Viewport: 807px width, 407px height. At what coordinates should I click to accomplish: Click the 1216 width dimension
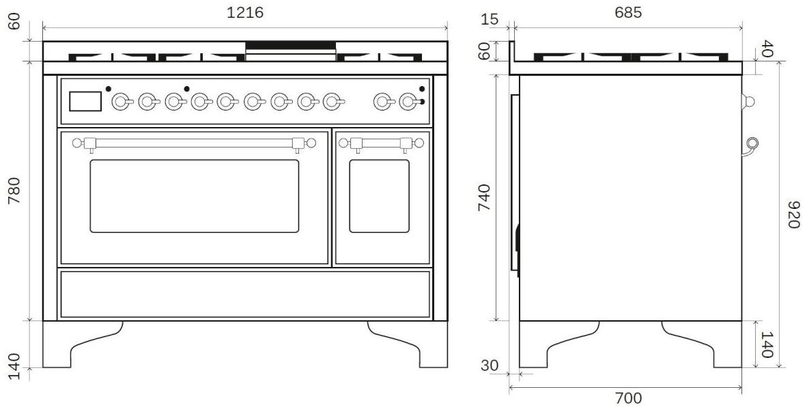245,12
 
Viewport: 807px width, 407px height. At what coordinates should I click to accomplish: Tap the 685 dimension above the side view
628,12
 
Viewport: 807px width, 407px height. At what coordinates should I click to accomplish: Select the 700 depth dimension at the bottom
628,398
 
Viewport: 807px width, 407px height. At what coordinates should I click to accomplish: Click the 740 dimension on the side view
484,197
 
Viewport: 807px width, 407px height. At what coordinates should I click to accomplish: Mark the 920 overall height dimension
793,214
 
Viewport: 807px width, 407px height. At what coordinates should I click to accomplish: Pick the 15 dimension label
490,20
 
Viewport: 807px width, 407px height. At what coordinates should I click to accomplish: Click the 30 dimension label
490,365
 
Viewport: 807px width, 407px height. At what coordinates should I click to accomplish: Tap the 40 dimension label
767,49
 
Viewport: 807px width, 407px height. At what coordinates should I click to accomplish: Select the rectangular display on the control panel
85,101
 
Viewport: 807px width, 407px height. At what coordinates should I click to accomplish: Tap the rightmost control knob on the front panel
410,101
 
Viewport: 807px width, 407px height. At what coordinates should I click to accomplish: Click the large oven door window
195,196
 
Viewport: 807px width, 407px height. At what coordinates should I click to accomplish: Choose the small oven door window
380,196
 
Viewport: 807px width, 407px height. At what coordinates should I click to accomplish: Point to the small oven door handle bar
382,143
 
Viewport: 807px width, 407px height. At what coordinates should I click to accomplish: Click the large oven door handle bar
194,143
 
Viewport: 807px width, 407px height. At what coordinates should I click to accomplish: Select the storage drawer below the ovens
245,294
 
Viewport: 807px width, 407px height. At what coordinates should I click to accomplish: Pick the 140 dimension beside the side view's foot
767,345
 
